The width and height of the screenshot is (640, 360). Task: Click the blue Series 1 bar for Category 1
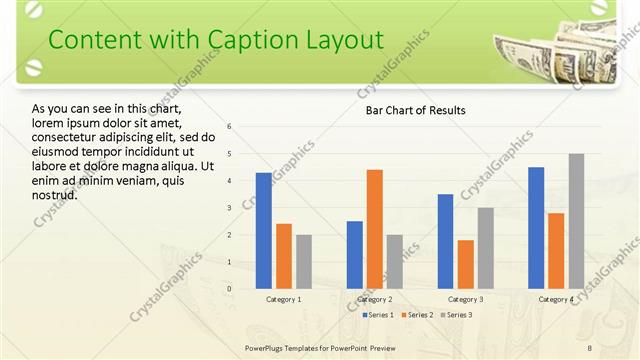264,231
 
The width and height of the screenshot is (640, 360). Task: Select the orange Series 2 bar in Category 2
375,229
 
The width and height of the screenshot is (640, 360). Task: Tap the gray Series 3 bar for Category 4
576,221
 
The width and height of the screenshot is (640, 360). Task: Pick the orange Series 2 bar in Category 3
465,264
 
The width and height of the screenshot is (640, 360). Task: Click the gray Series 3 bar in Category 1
303,262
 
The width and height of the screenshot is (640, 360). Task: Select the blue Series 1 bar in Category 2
355,255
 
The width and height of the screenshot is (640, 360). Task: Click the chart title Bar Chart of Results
415,110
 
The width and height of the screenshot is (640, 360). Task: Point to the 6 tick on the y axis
230,127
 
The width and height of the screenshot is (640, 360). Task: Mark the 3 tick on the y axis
230,208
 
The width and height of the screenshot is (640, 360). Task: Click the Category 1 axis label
284,299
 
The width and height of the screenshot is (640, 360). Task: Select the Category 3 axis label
465,299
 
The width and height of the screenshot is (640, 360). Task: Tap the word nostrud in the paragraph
54,194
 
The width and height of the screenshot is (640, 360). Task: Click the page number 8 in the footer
589,347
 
